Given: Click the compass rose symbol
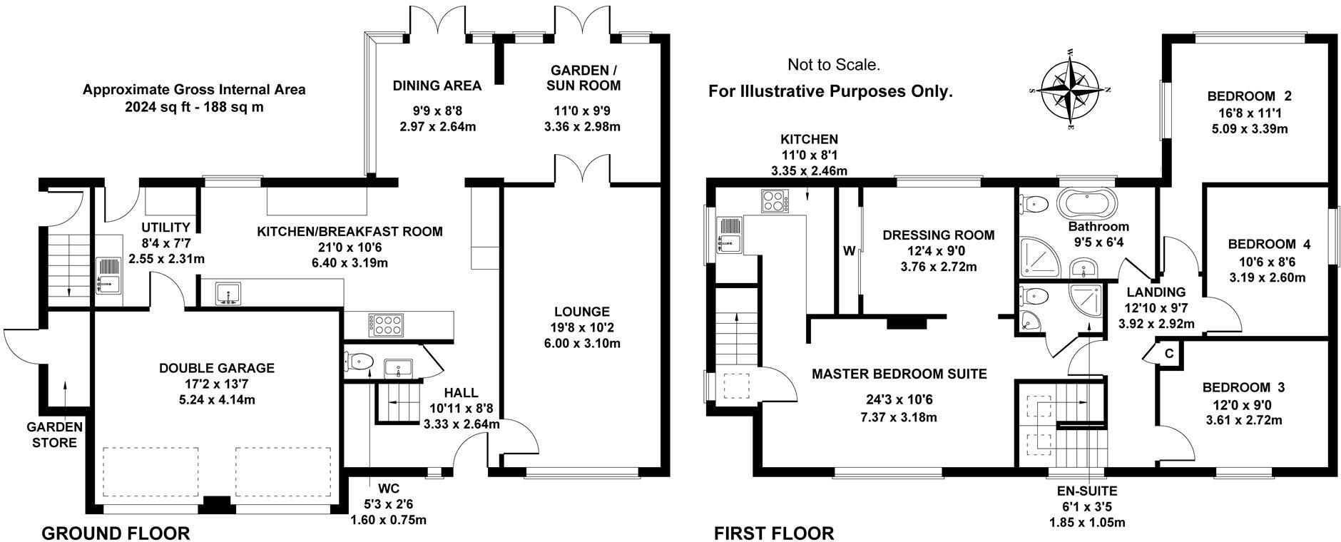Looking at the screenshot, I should point(1069,90).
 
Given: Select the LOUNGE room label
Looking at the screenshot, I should point(581,312).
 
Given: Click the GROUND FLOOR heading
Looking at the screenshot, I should point(116,533).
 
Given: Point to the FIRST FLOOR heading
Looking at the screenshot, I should point(774,533).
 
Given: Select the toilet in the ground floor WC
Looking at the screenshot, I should point(358,362).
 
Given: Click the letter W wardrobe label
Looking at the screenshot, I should point(849,251).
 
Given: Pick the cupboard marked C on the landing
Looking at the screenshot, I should point(1168,353).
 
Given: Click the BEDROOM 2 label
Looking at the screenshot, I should point(1249,96).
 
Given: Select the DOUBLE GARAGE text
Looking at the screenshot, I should point(216,368).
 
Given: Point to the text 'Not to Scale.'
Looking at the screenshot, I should point(833,65).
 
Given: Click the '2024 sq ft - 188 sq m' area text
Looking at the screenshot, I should point(194,108).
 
